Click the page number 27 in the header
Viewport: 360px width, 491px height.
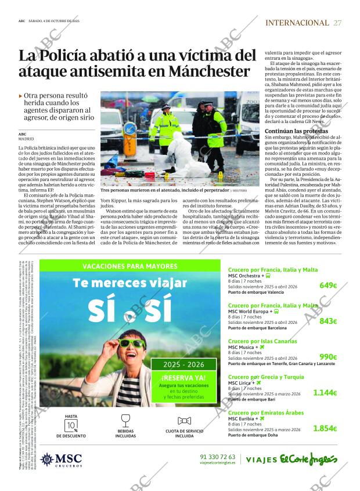337,23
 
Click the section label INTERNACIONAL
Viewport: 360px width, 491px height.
297,23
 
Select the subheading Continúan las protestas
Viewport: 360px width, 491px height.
296,131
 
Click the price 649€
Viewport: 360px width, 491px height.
328,285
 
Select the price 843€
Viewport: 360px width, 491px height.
328,321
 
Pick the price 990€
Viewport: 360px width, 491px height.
328,357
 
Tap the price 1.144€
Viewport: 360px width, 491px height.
325,393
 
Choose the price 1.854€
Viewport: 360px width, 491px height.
325,428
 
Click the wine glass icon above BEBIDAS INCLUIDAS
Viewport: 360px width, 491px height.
125,420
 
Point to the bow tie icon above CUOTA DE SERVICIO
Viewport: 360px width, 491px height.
184,421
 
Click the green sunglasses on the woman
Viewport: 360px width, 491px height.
132,344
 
